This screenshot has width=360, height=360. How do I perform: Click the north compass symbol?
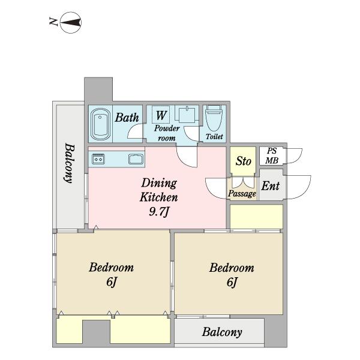click(70, 23)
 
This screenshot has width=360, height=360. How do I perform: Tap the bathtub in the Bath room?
click(100, 124)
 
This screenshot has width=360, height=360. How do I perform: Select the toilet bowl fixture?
click(214, 118)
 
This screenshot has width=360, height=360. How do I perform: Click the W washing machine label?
click(161, 115)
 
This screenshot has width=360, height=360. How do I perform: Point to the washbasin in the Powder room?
click(187, 114)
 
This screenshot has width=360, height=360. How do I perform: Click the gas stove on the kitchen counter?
click(98, 159)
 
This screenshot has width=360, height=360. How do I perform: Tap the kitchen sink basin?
click(136, 159)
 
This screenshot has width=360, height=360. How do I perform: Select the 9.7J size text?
click(159, 211)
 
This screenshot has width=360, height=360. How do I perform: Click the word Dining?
click(159, 183)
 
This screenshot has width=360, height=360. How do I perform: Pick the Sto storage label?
click(243, 161)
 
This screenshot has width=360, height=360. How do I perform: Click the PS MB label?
click(272, 155)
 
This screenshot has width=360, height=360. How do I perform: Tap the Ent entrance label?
click(271, 186)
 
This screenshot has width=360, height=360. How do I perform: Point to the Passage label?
click(242, 194)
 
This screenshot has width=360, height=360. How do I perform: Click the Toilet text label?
click(214, 137)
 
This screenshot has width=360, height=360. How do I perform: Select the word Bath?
click(127, 118)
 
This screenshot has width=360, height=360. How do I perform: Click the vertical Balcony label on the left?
click(70, 163)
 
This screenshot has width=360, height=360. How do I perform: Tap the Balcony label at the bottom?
click(222, 332)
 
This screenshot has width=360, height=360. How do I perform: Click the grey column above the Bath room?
click(98, 90)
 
